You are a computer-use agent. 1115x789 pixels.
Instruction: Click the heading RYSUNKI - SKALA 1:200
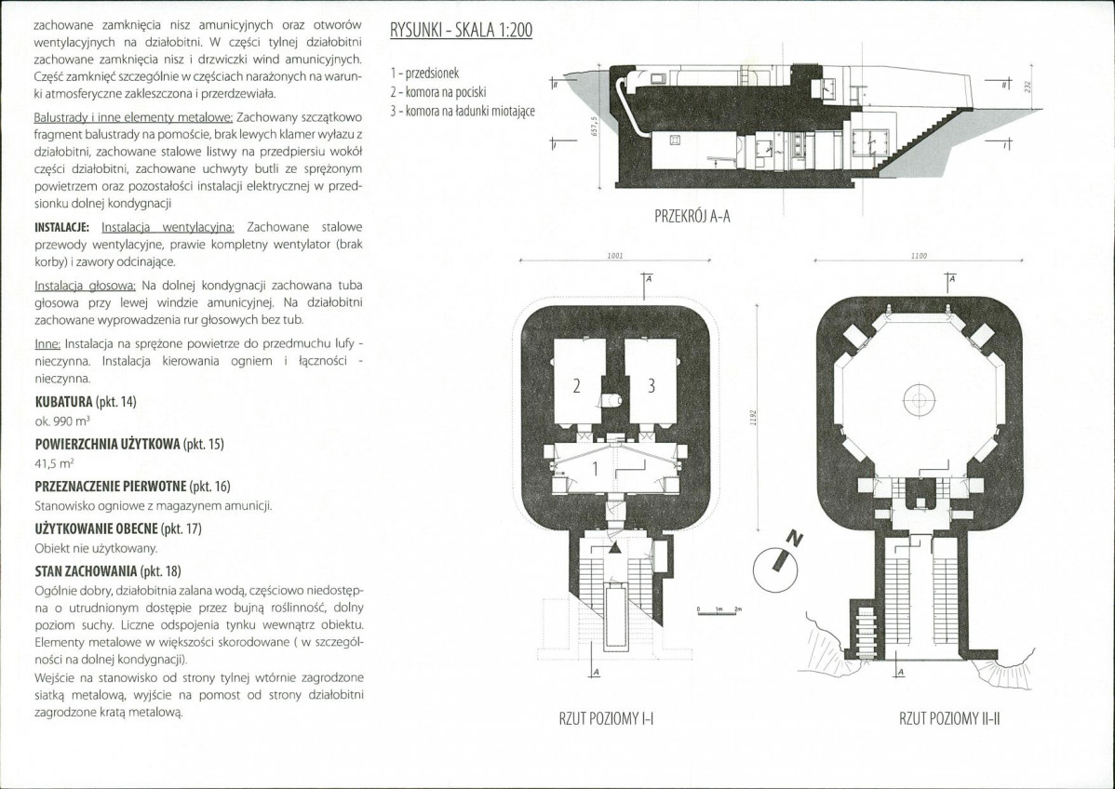point(461,31)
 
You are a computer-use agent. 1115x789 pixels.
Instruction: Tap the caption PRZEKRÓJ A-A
point(692,216)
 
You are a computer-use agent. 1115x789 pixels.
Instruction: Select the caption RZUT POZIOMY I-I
point(607,718)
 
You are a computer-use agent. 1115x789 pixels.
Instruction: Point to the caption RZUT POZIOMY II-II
point(949,718)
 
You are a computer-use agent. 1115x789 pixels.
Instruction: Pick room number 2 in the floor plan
point(577,386)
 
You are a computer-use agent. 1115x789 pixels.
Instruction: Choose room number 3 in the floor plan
point(651,386)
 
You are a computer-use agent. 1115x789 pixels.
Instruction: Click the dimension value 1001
point(616,255)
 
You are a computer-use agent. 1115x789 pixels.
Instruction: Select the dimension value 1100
point(919,255)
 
